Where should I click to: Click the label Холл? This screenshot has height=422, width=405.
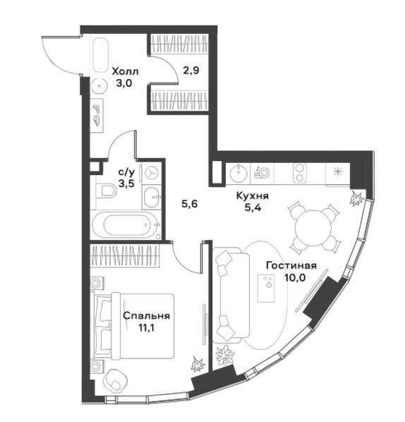point(125,71)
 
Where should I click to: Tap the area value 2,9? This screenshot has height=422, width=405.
point(191,71)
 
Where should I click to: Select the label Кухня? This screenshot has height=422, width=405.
point(253,195)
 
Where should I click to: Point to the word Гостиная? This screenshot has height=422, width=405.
point(291,265)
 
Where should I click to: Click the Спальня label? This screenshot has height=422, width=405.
point(146,315)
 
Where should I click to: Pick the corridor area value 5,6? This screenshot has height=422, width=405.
point(190,204)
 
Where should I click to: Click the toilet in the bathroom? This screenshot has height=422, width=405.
point(106,191)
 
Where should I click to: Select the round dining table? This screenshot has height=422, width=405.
point(314,227)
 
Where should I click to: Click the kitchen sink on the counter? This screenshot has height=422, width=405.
point(238,172)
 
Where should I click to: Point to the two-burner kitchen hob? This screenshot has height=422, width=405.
point(298,172)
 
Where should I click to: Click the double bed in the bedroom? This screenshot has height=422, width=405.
point(133,326)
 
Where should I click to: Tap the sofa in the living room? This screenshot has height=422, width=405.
point(231,295)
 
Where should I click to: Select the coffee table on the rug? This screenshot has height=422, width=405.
point(266,288)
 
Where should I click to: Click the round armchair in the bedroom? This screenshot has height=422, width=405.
point(116,380)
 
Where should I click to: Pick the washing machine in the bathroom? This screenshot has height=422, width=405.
point(152,173)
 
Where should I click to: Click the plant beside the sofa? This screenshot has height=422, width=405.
point(224,354)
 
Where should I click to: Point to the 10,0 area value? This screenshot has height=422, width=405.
point(295,277)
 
